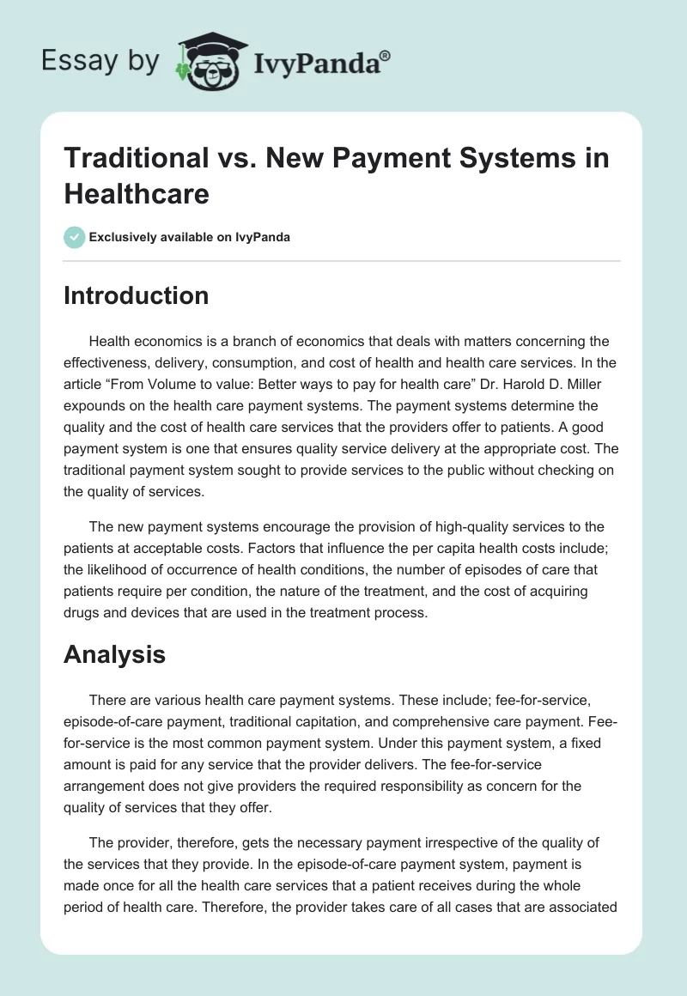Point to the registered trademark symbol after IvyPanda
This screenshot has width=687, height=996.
point(386,55)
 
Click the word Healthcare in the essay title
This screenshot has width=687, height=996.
point(137,193)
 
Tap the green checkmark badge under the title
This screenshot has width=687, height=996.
point(75,236)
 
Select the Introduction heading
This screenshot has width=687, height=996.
point(137,295)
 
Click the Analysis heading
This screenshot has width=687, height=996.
point(114,655)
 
